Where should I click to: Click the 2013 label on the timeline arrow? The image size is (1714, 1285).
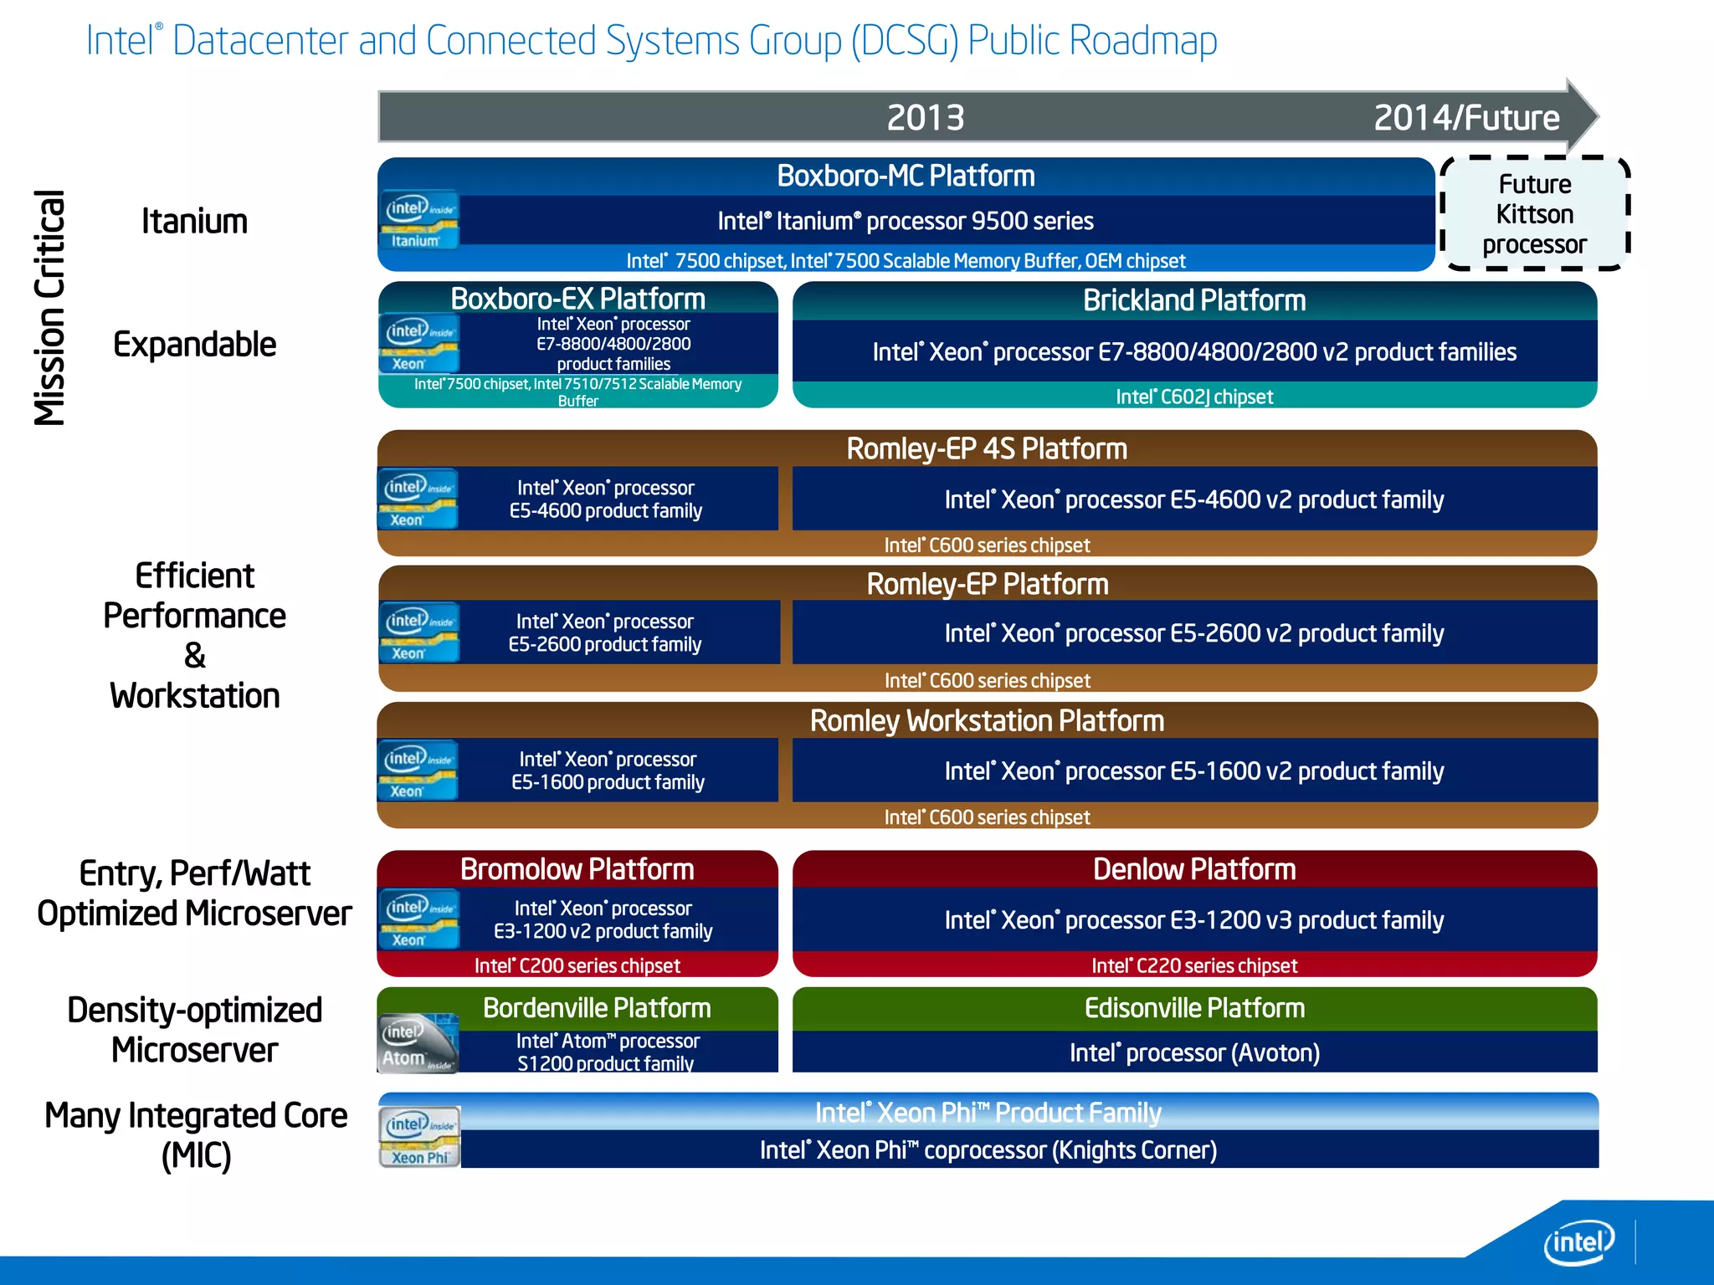(925, 117)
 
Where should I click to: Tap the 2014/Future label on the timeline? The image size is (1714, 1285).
(1466, 117)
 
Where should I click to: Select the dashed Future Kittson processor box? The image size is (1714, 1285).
(1534, 214)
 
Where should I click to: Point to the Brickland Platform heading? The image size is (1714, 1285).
(1194, 300)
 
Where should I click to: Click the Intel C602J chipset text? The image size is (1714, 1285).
(1194, 397)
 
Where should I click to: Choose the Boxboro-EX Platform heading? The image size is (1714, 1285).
(577, 299)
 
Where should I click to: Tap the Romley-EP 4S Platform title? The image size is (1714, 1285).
(987, 448)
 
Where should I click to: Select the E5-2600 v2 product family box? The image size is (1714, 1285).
(1194, 633)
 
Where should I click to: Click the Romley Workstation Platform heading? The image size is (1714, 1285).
(987, 720)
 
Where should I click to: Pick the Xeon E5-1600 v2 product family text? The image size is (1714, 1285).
(1194, 770)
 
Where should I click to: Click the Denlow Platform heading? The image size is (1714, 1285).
(1194, 869)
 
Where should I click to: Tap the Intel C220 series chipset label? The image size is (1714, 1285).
(1194, 965)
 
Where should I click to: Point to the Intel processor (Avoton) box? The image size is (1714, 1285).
(1194, 1052)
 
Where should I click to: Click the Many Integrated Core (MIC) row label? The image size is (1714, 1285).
(196, 1135)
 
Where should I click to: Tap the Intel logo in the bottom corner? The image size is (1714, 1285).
(1578, 1243)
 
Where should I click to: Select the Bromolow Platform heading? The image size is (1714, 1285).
(577, 869)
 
